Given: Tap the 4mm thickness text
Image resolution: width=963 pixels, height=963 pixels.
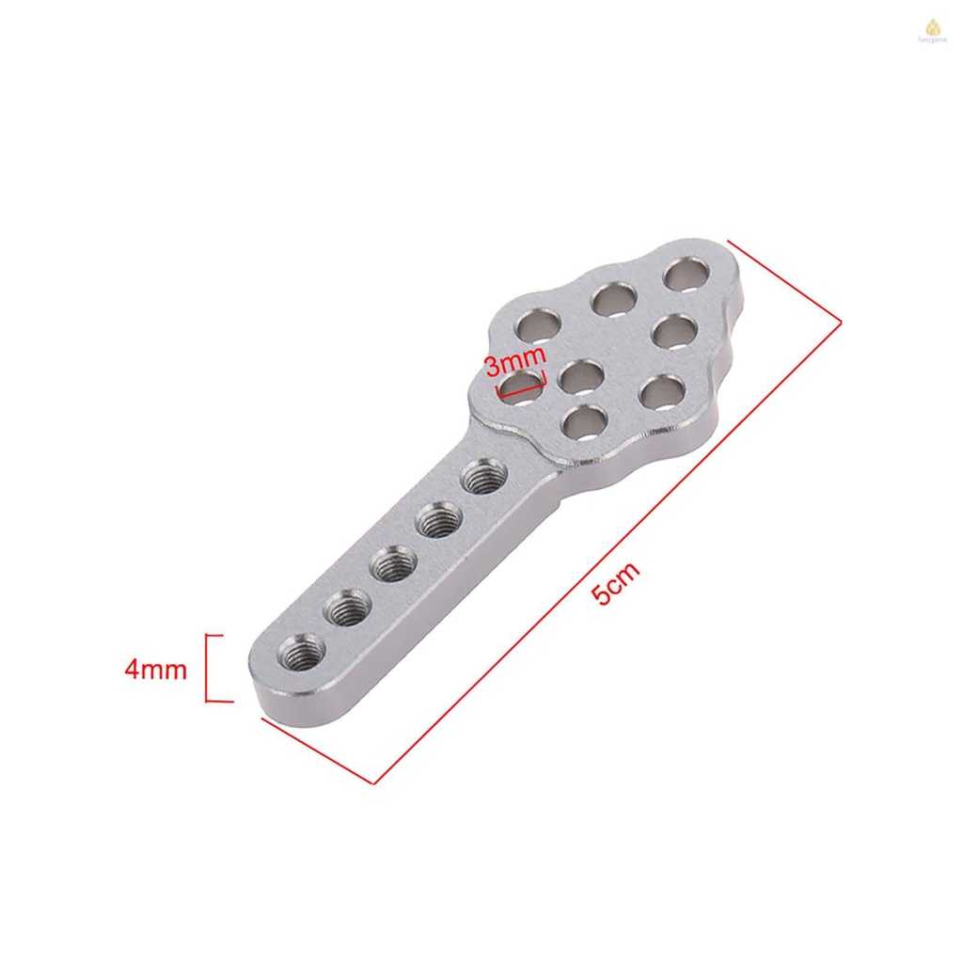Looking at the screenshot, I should [x=156, y=670].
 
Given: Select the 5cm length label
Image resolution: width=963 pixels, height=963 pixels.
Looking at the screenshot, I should [x=618, y=582].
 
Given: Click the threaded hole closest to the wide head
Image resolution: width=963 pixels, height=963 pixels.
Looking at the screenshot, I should [x=481, y=476].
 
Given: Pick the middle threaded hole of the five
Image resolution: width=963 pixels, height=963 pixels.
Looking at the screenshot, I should [x=393, y=565].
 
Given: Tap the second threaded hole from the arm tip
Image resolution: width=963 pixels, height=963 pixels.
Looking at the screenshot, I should [x=347, y=608].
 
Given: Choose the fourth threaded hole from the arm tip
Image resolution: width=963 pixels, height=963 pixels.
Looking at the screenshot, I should [x=436, y=520].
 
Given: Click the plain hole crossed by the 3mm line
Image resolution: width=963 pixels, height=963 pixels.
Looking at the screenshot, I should [x=521, y=387].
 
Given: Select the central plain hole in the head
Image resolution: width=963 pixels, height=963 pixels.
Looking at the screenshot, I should [x=581, y=376].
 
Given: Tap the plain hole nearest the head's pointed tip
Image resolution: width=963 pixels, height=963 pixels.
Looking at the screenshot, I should [x=687, y=275].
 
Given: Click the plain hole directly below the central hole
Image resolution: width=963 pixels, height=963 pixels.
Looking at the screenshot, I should [x=583, y=421].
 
